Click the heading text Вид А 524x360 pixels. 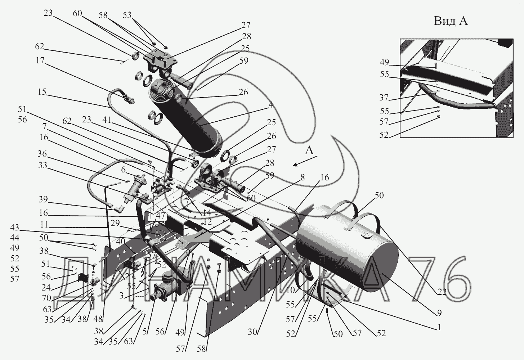(x=450, y=21)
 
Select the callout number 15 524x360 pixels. (x=42, y=92)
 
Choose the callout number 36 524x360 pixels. (x=42, y=154)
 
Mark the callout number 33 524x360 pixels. (x=42, y=165)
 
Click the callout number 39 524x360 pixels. (x=43, y=200)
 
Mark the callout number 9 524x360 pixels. (x=439, y=312)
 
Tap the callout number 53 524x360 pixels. (x=127, y=15)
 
